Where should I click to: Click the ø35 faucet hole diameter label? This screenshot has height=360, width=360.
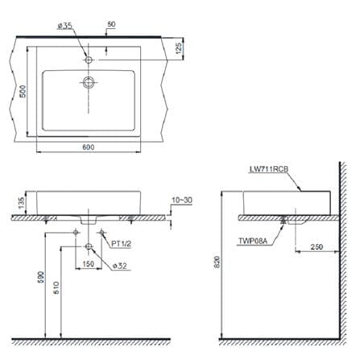(x=65, y=26)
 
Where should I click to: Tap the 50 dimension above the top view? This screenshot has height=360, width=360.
(x=111, y=24)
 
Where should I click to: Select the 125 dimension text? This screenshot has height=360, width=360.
(x=179, y=47)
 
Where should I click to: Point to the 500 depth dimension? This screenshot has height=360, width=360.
(x=23, y=91)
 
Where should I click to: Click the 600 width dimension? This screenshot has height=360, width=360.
(x=89, y=147)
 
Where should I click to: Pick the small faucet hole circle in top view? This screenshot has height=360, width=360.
(x=89, y=60)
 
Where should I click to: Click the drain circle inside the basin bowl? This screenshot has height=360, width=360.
(x=89, y=82)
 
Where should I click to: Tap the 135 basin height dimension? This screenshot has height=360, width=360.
(x=21, y=203)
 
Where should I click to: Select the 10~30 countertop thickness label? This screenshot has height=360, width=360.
(x=182, y=201)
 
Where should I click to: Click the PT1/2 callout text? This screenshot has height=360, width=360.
(x=122, y=244)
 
